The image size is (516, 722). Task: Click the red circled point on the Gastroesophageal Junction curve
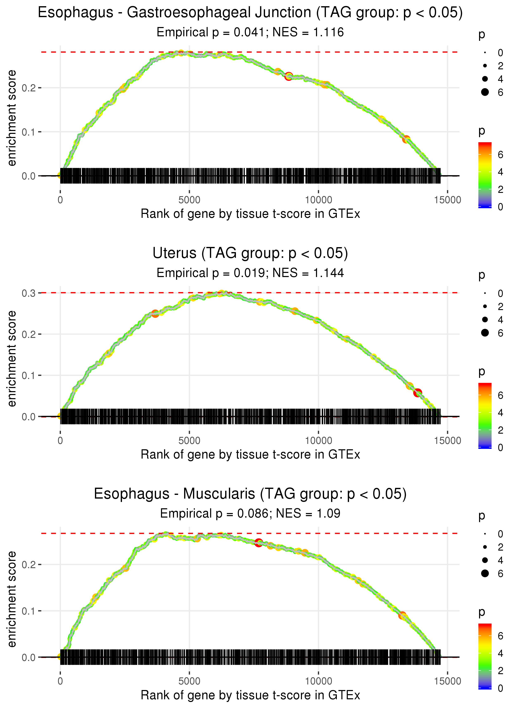[x=289, y=76]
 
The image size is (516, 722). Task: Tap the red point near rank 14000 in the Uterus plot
[x=418, y=393]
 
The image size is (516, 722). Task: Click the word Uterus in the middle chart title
[x=174, y=253]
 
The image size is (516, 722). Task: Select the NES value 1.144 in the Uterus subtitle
[x=329, y=273]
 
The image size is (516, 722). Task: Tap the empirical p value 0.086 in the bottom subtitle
[x=253, y=513]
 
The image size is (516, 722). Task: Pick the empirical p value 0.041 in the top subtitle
[x=249, y=32]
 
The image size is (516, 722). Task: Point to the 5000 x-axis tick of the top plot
[x=189, y=200]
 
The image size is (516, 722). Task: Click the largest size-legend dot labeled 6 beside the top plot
[x=485, y=92]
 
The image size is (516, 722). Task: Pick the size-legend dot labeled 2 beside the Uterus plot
[x=485, y=306]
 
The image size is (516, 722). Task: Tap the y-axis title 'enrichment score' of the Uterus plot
[x=12, y=359]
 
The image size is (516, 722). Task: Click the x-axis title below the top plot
[x=250, y=214]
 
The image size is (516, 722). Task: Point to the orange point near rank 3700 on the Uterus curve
[x=155, y=314]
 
